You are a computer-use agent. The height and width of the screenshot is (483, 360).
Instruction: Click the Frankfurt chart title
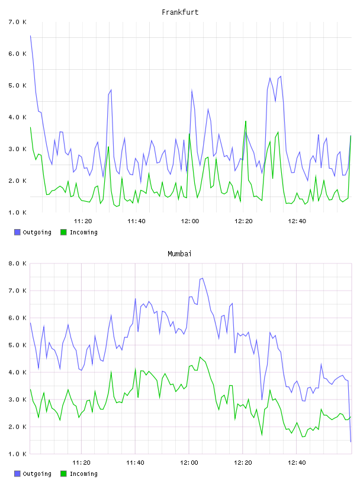pos(180,12)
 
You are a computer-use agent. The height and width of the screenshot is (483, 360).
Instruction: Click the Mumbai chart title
pos(179,254)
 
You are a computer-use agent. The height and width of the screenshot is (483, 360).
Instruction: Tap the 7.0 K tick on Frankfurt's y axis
pos(18,22)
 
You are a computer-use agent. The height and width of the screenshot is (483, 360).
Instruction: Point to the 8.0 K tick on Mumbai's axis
pos(18,263)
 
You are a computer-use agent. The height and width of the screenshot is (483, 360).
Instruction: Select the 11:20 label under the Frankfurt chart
pos(83,221)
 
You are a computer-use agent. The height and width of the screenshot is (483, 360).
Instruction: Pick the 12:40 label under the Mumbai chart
pos(297,463)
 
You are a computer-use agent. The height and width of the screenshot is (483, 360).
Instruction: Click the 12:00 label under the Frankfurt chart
pos(190,221)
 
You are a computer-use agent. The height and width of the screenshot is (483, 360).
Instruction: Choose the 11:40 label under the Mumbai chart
pos(136,463)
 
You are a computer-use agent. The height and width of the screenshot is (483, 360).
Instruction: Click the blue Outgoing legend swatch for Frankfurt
pos(17,232)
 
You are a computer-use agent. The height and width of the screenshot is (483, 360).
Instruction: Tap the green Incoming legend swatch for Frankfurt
pos(63,232)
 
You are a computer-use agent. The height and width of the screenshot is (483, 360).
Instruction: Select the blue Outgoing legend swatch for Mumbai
pos(17,474)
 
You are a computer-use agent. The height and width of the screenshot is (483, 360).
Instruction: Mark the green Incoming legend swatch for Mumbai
pos(63,474)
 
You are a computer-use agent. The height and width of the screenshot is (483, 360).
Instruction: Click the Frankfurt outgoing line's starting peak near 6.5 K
pos(31,36)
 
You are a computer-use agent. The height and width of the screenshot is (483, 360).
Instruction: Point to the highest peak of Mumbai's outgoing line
pos(202,278)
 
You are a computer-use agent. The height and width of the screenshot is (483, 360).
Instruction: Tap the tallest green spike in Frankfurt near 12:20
pos(246,121)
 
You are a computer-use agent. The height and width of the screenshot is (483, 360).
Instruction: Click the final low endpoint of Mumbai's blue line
pos(351,442)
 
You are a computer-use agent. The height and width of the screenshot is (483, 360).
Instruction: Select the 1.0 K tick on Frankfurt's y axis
pos(18,212)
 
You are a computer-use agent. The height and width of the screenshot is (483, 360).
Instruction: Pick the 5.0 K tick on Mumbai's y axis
pos(18,345)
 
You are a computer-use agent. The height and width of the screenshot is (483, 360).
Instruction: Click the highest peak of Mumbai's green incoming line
pos(200,357)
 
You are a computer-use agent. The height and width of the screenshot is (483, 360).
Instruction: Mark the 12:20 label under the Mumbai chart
pos(243,463)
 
